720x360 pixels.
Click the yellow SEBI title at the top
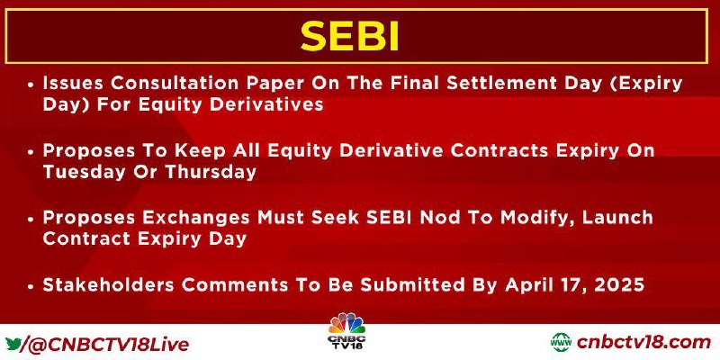coord(349,36)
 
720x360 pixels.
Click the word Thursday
coord(210,172)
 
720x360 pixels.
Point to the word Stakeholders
coord(109,284)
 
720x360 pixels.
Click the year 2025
coord(619,284)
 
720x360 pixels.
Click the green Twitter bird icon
coord(14,342)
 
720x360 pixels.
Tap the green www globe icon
coord(562,343)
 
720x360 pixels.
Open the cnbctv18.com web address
coord(643,343)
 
